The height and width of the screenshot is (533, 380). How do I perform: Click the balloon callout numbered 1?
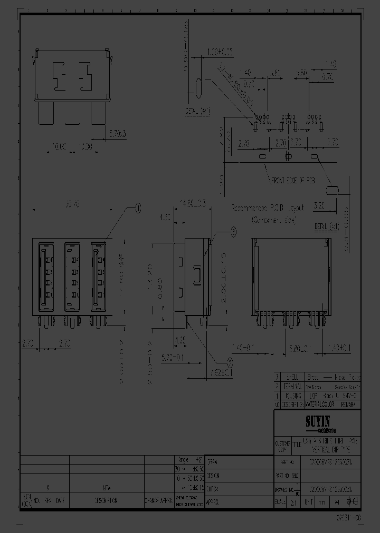coord(138,208)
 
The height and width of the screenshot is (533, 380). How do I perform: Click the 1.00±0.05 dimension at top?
coord(220,53)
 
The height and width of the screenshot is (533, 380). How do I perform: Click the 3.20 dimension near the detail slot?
coord(318,207)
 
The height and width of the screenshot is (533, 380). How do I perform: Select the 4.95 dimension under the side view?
coord(180,339)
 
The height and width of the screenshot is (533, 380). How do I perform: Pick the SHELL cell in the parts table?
coord(292,377)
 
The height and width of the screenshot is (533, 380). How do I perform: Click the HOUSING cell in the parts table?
coord(292,395)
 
